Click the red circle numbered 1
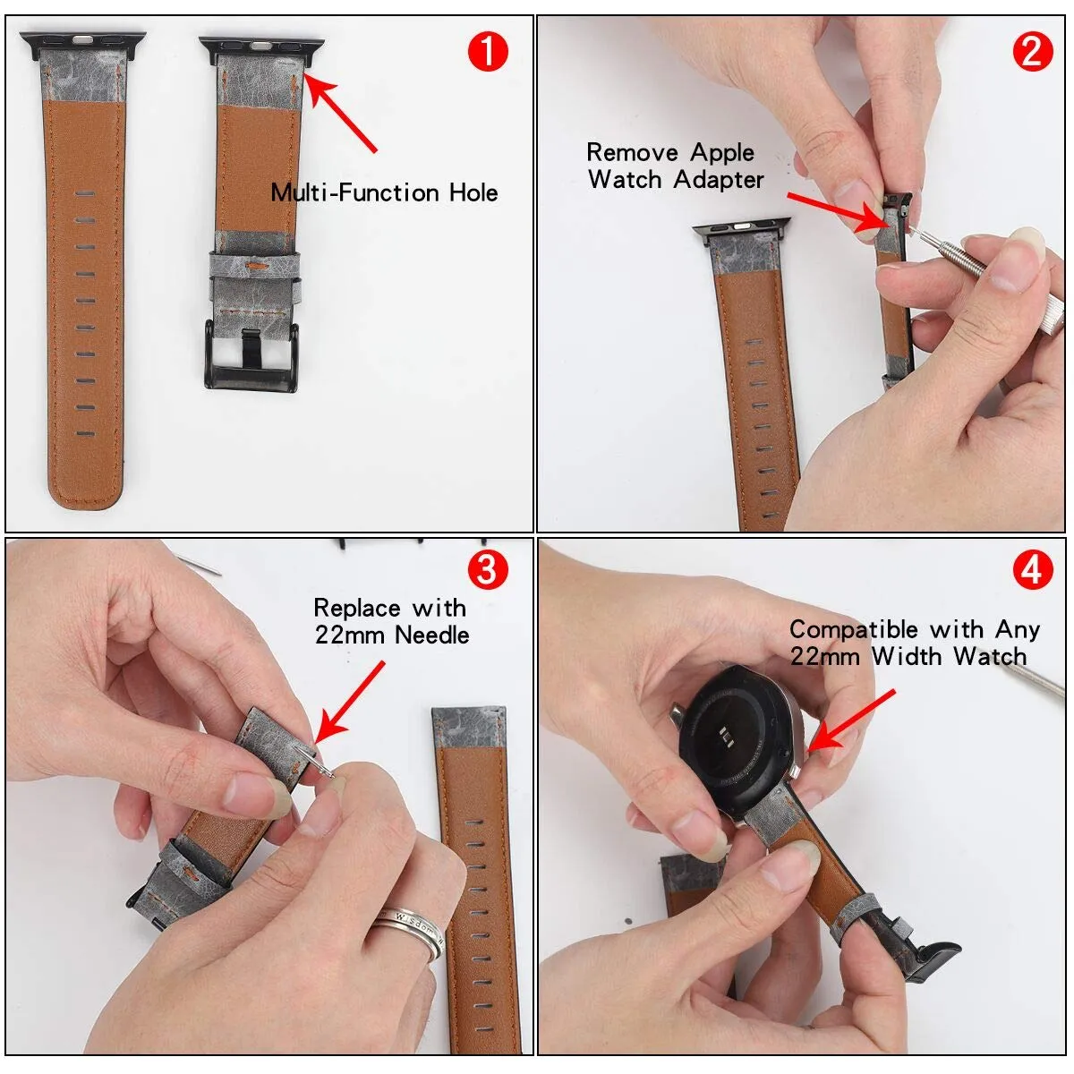tap(488, 52)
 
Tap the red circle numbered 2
tap(1032, 52)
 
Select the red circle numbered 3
tap(488, 570)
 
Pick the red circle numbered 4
tap(1032, 570)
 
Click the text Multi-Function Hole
tap(384, 192)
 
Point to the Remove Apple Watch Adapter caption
tap(675, 166)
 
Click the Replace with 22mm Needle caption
tap(391, 621)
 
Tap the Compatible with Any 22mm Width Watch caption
tap(913, 643)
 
